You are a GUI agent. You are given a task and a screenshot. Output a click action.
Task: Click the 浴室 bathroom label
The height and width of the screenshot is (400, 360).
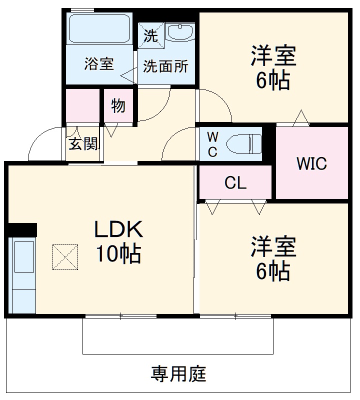pyautogui.click(x=99, y=64)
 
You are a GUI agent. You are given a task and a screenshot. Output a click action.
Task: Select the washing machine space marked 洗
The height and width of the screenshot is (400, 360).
pyautogui.click(x=150, y=35)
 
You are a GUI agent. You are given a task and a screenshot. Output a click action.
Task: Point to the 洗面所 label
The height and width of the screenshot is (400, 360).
pyautogui.click(x=165, y=66)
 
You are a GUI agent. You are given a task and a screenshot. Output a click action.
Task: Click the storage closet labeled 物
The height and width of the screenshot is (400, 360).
pyautogui.click(x=118, y=106)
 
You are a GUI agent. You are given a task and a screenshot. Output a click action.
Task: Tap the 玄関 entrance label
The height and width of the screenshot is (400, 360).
pyautogui.click(x=83, y=144)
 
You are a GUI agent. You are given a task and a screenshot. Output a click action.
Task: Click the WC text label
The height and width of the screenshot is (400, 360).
pyautogui.click(x=212, y=144)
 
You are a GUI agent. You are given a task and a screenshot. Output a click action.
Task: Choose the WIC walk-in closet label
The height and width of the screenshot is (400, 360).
pyautogui.click(x=311, y=163)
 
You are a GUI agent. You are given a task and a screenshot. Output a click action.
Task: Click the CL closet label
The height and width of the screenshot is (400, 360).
pyautogui.click(x=235, y=183)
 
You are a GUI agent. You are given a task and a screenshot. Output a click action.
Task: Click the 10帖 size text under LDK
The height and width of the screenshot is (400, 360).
pyautogui.click(x=119, y=254)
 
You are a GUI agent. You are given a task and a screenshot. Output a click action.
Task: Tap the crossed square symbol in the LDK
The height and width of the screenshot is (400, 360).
pyautogui.click(x=65, y=257)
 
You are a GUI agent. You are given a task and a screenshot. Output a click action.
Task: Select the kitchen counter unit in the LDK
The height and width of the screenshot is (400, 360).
pyautogui.click(x=22, y=275)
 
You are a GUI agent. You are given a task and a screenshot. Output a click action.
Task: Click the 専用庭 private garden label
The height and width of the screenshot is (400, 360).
pyautogui.click(x=178, y=373)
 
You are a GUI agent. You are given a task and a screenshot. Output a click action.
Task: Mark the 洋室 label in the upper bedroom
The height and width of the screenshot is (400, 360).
pyautogui.click(x=273, y=56)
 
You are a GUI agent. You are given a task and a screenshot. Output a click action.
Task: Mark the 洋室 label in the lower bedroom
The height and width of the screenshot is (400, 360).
pyautogui.click(x=273, y=247)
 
